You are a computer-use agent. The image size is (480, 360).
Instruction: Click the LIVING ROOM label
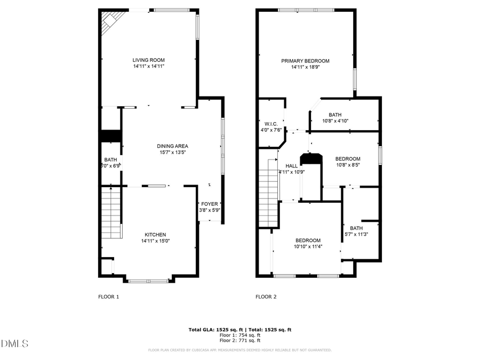click(149, 60)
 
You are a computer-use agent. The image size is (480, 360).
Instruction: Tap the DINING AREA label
click(172, 146)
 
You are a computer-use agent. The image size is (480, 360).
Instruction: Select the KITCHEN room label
click(155, 235)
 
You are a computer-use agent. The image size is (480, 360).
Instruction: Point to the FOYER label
click(209, 204)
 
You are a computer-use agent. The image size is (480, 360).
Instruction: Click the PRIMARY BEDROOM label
click(305, 61)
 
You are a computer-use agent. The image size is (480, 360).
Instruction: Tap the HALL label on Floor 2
click(292, 166)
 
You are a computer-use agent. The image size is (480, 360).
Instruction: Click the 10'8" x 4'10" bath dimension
click(335, 121)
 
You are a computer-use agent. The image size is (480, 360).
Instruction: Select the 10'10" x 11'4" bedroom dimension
click(308, 246)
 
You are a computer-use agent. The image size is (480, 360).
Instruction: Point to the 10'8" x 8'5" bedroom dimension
click(347, 165)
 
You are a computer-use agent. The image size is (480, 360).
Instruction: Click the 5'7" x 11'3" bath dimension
click(356, 234)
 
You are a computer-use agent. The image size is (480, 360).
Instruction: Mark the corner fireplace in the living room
click(111, 21)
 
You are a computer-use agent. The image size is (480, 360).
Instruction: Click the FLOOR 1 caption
click(109, 297)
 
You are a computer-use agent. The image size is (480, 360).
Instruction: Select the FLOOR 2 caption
click(266, 297)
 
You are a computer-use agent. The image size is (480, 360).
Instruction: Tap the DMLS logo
click(14, 343)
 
